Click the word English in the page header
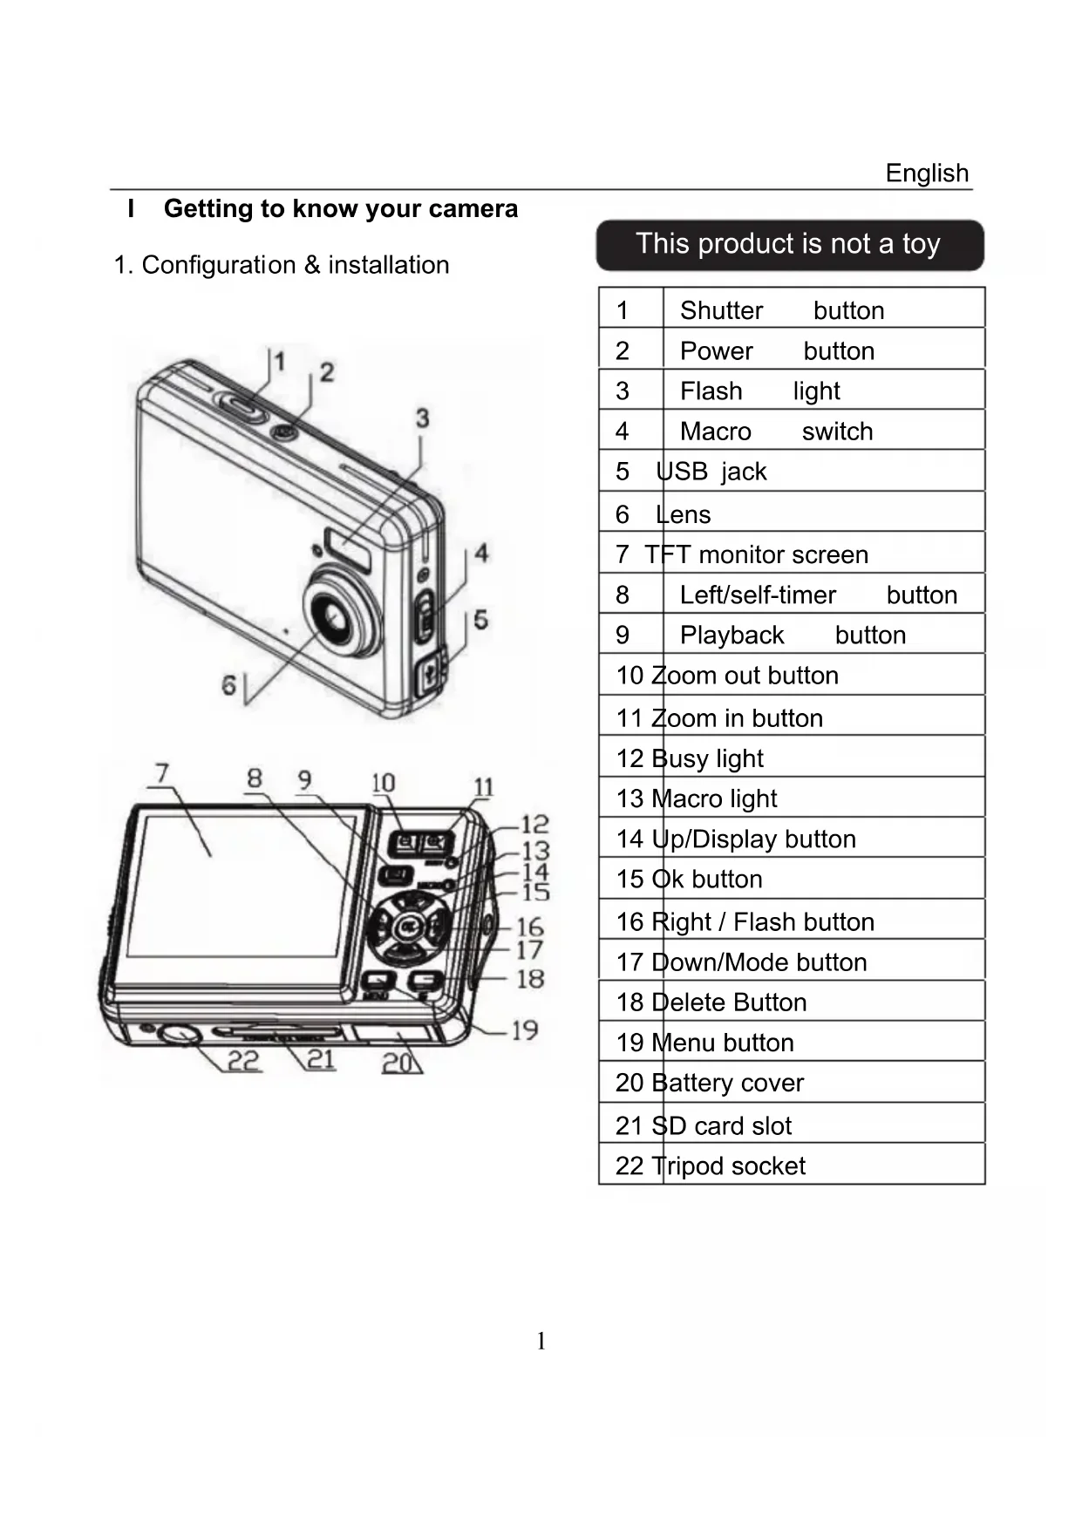(927, 173)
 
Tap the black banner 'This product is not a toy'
(789, 244)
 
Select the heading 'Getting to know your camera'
(340, 209)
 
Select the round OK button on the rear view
(408, 927)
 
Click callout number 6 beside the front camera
(228, 685)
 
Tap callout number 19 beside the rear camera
(525, 1030)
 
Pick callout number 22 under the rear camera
(244, 1061)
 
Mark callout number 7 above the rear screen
(162, 773)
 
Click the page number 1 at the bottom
(541, 1341)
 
